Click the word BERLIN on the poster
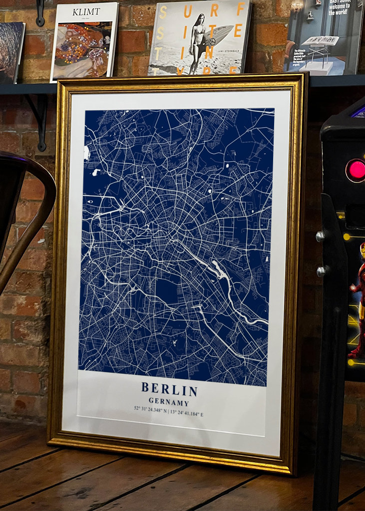click(x=169, y=389)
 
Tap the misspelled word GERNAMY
click(x=169, y=402)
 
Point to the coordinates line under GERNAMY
click(x=169, y=413)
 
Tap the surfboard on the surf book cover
click(x=218, y=35)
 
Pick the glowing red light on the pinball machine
click(x=357, y=170)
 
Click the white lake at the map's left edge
click(x=86, y=153)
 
